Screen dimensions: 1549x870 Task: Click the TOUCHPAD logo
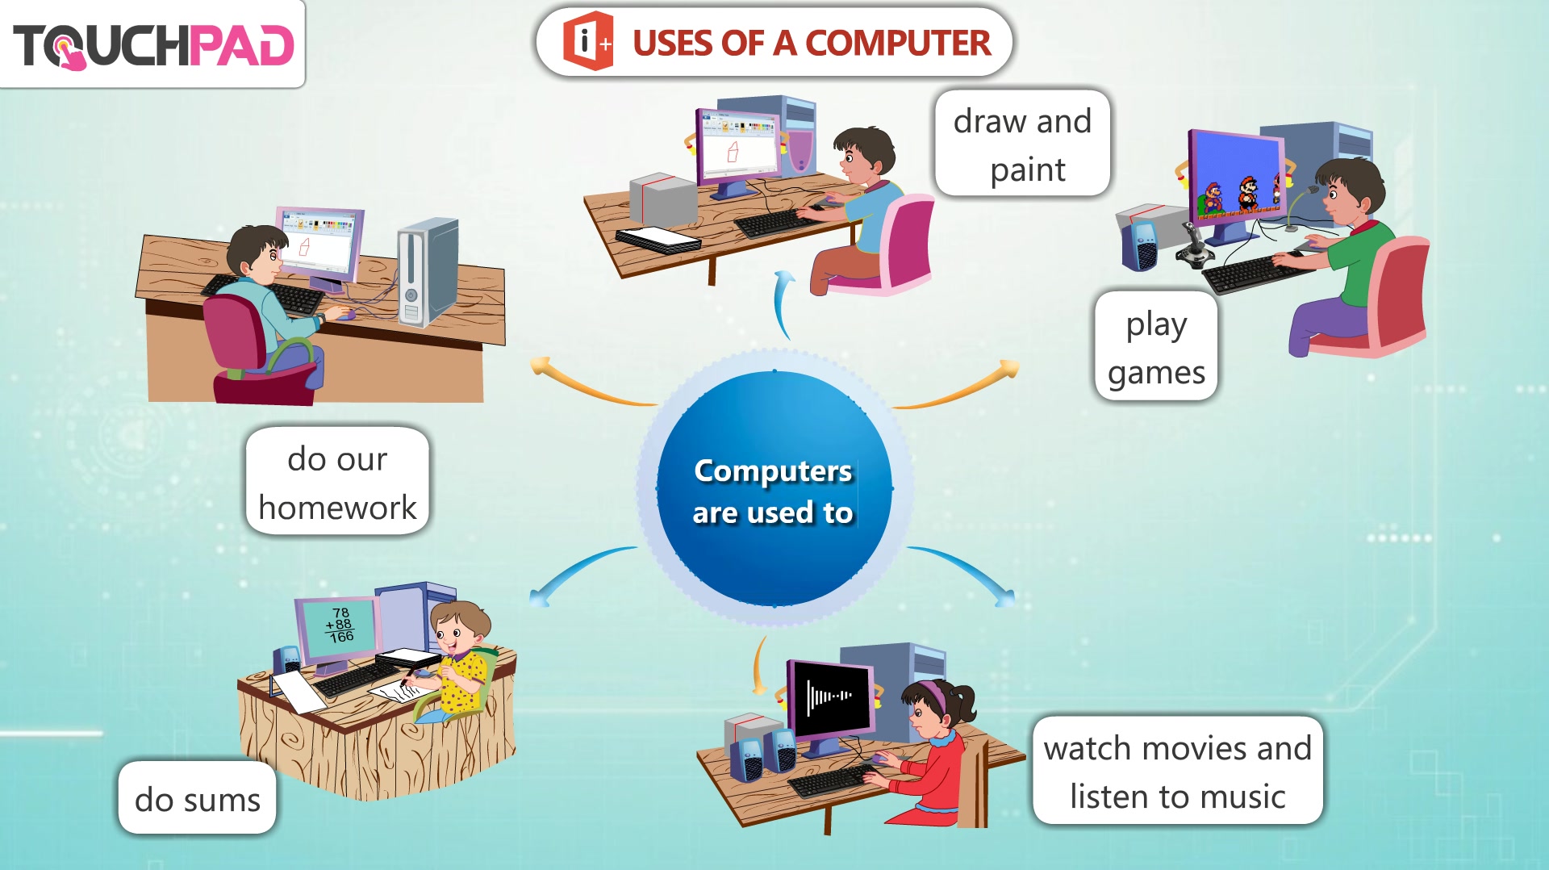(153, 45)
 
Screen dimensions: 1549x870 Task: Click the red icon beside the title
(587, 41)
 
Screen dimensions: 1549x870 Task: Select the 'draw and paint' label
(1022, 144)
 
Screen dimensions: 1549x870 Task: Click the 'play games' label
(1156, 347)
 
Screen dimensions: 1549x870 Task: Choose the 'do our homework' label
(337, 482)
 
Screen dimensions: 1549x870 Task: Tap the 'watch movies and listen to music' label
(1178, 772)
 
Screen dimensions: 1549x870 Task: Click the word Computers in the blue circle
(773, 471)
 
